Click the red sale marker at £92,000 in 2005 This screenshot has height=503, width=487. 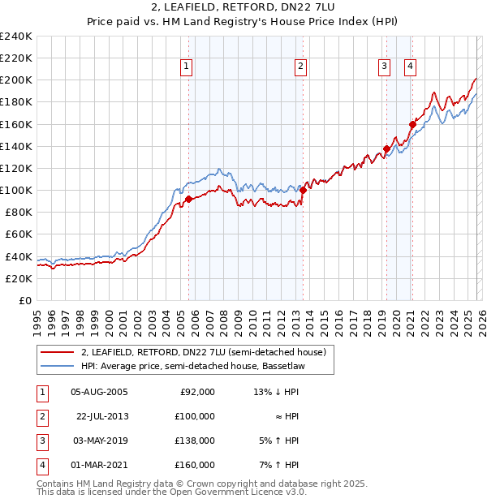[188, 199]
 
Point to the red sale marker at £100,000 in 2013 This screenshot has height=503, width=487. [303, 190]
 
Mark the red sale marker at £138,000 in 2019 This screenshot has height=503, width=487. [386, 148]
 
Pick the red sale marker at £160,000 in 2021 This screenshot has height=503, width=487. [412, 124]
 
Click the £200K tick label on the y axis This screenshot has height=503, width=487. [16, 80]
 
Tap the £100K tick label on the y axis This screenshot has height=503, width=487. [16, 190]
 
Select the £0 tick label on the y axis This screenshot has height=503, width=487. [24, 300]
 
